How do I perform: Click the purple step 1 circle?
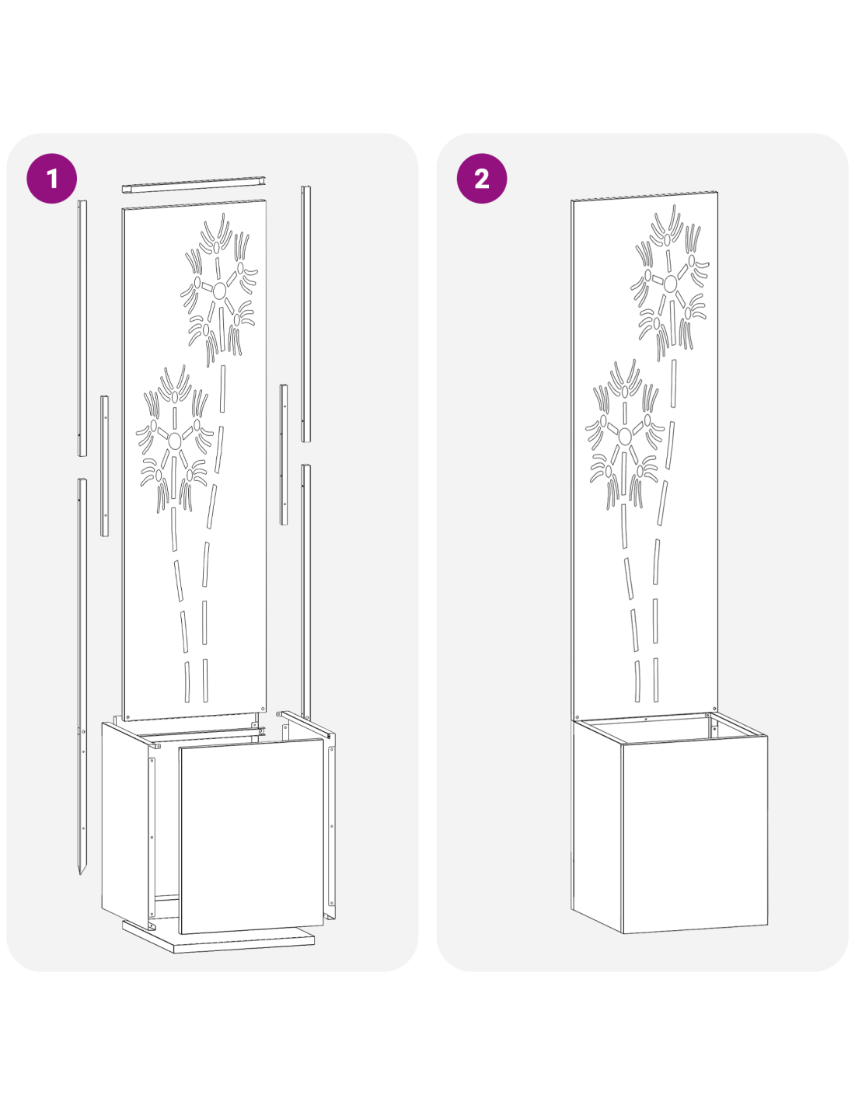point(52,179)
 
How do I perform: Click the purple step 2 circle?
point(482,179)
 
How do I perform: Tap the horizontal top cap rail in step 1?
point(194,185)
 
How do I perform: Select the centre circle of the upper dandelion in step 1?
point(219,291)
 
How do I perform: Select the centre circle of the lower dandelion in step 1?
point(174,441)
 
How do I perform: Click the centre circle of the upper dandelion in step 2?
point(670,283)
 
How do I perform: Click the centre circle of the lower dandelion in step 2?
point(625,436)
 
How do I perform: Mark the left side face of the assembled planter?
point(597,826)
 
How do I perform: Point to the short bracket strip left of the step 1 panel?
point(104,465)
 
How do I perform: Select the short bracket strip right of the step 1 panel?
point(283,455)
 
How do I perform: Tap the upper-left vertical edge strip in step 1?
point(82,328)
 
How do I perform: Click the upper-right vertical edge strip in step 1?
point(305,314)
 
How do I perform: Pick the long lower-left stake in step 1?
point(82,676)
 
